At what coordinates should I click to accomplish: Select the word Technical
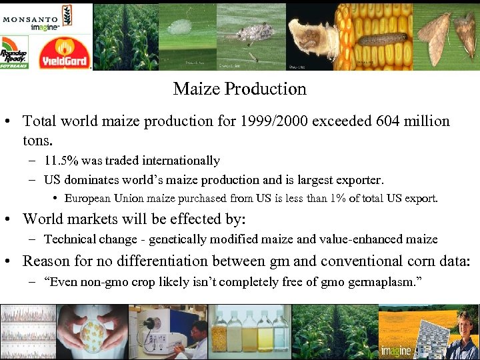[70, 239]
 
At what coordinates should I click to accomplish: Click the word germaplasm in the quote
[384, 281]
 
